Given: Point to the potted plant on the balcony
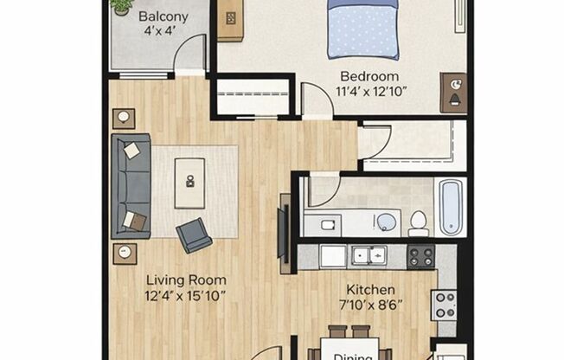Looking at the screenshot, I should [122, 6].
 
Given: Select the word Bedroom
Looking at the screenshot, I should [369, 75].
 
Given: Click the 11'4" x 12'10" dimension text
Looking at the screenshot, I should [372, 90].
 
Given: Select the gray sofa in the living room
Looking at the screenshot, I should [131, 185].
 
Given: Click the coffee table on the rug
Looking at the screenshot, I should [189, 183].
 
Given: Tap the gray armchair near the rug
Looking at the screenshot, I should [194, 235].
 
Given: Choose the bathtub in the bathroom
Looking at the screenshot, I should [450, 207].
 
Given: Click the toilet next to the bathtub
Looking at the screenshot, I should [419, 222].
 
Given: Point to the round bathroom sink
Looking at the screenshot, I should [387, 222].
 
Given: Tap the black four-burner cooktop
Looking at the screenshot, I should [420, 256].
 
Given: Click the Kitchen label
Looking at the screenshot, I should [371, 289].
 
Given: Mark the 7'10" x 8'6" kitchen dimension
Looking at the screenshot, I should [371, 305].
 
